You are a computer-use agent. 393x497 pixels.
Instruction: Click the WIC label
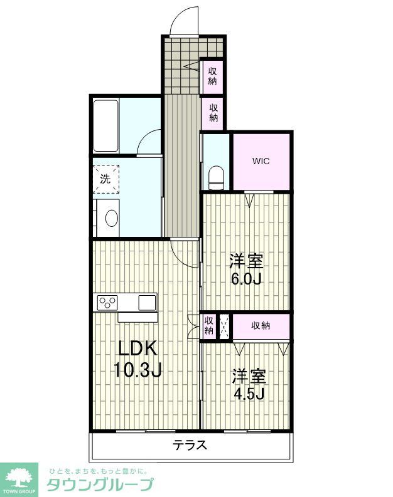coord(261,161)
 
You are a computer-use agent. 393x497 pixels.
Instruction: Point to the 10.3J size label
coord(137,370)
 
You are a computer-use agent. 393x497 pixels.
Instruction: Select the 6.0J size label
coord(245,278)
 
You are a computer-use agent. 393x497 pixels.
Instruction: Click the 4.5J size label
coord(249,394)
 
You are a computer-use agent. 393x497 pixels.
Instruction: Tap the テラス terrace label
coord(190,446)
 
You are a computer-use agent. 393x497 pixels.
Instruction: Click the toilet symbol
coord(216,177)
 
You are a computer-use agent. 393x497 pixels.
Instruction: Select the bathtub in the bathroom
coord(106,125)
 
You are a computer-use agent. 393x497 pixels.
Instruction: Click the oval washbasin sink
coord(111,218)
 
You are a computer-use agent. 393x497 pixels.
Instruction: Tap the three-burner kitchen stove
coord(108,303)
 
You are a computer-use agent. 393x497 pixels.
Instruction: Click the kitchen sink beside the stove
coord(147,303)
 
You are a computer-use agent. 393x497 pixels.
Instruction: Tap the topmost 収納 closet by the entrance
coord(213,75)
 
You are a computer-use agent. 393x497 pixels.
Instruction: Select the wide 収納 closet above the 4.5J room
coord(261,325)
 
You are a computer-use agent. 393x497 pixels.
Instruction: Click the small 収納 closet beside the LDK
coord(208,326)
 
